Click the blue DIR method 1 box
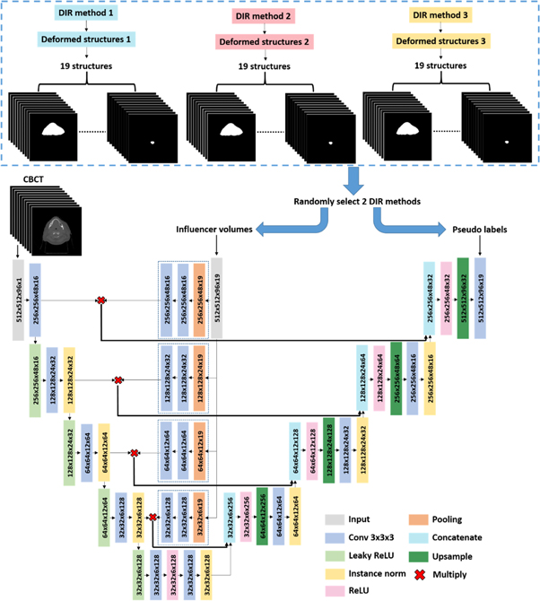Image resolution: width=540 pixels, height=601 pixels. click(85, 16)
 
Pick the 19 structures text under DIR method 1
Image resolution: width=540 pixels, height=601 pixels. click(85, 66)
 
